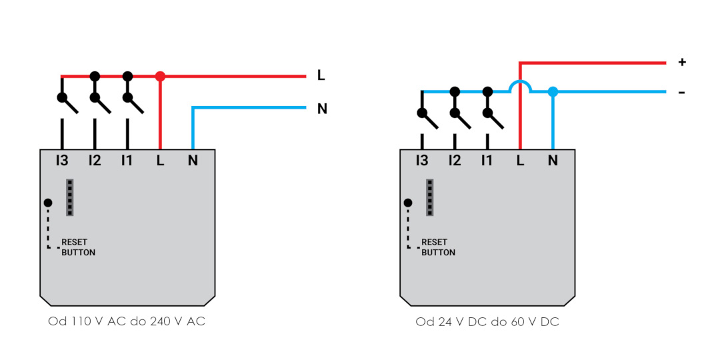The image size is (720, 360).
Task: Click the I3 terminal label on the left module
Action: coord(62,161)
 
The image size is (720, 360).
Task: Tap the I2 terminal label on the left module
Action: coord(95,161)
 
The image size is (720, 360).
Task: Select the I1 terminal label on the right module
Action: coord(487,161)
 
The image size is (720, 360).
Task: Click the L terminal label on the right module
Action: coord(520,161)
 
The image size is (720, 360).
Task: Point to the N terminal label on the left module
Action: coord(193,161)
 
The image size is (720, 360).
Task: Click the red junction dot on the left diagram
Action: coord(160,76)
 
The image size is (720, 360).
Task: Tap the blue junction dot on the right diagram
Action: coord(553,92)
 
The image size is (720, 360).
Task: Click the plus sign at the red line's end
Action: coord(682,62)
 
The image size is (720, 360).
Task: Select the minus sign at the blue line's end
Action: coord(682,93)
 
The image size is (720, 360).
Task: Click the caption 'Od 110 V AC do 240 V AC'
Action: coord(127,321)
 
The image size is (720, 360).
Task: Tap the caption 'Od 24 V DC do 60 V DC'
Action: coord(487,322)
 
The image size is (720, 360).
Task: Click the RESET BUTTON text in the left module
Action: coord(78,247)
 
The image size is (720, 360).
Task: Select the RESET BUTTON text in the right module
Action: coord(438,247)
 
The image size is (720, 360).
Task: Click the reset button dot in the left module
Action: coord(48,203)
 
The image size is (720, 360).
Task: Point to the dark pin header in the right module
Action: coord(430,197)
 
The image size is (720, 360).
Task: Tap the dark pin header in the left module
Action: coord(70,197)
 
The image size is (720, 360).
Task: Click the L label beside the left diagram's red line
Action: coord(321,76)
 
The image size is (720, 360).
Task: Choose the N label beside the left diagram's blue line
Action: coord(322,109)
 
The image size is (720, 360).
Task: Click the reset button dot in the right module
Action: coord(408,203)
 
